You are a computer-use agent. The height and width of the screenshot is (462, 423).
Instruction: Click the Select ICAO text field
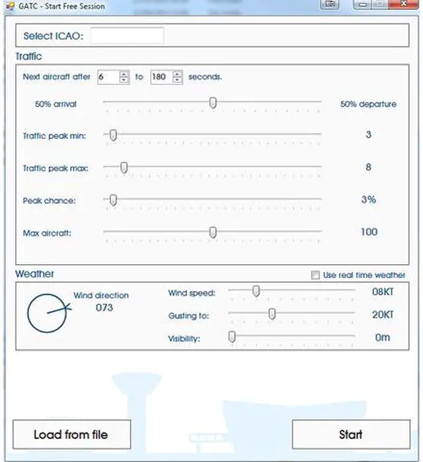[x=127, y=36]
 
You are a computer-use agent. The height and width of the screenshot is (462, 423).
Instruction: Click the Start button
[x=350, y=434]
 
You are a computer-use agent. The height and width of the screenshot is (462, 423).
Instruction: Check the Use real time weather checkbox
[x=315, y=275]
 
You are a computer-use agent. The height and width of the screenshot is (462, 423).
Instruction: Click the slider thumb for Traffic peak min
[x=113, y=135]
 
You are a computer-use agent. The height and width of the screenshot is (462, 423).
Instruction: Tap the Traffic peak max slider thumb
[x=124, y=167]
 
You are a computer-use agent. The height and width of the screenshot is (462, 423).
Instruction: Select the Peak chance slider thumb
[x=113, y=200]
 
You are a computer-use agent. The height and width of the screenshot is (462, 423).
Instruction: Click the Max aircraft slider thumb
[x=213, y=232]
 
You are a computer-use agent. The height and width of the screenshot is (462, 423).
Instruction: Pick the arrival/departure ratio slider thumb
[x=213, y=103]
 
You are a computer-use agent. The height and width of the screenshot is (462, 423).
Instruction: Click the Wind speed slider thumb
[x=256, y=291]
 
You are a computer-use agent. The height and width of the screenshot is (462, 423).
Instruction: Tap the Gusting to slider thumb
[x=272, y=314]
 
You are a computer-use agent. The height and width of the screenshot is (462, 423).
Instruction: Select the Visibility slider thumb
[x=232, y=337]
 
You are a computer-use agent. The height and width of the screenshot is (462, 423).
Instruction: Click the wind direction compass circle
[x=47, y=313]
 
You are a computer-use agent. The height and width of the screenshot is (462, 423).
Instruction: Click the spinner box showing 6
[x=108, y=77]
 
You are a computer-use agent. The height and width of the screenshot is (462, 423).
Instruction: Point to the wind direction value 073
[x=104, y=308]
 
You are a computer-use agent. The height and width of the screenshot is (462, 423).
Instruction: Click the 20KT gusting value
[x=383, y=315]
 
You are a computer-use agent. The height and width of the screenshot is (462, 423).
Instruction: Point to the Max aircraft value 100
[x=369, y=232]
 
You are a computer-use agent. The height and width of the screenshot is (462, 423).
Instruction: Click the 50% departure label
[x=368, y=104]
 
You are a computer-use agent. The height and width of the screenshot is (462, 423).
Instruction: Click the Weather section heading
[x=35, y=274]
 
